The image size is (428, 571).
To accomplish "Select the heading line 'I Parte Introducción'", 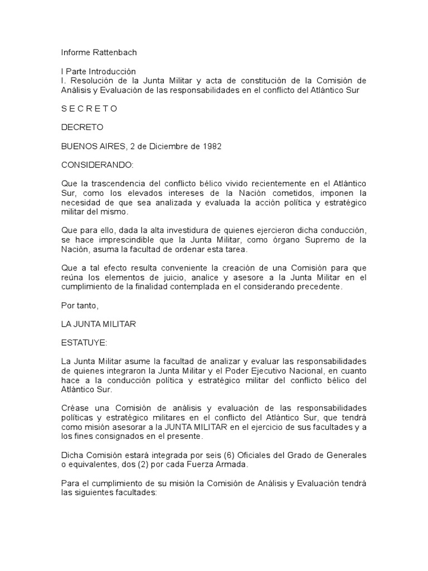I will coord(99,72).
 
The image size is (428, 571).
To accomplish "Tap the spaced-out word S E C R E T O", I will coord(89,108).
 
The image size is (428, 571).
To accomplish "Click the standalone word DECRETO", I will coord(82,127).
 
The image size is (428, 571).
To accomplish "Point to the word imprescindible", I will coord(127,240).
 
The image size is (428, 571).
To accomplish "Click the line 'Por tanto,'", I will coord(78,306).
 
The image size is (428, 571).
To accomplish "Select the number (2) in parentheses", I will coord(127,464).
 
